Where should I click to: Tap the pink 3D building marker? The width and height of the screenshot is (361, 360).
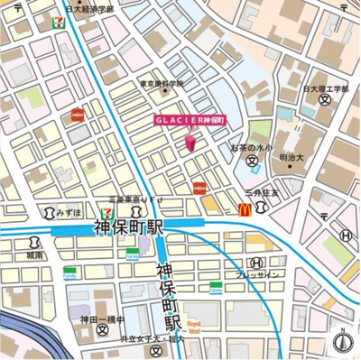(x=190, y=143)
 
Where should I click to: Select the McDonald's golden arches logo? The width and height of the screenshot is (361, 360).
(x=245, y=208)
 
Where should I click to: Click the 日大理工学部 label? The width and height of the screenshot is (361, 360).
(x=324, y=89)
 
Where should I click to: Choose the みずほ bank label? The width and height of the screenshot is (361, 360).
(x=69, y=214)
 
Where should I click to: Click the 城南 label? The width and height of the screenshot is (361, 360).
(x=33, y=254)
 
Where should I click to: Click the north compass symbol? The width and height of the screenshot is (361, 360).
(x=343, y=341)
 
